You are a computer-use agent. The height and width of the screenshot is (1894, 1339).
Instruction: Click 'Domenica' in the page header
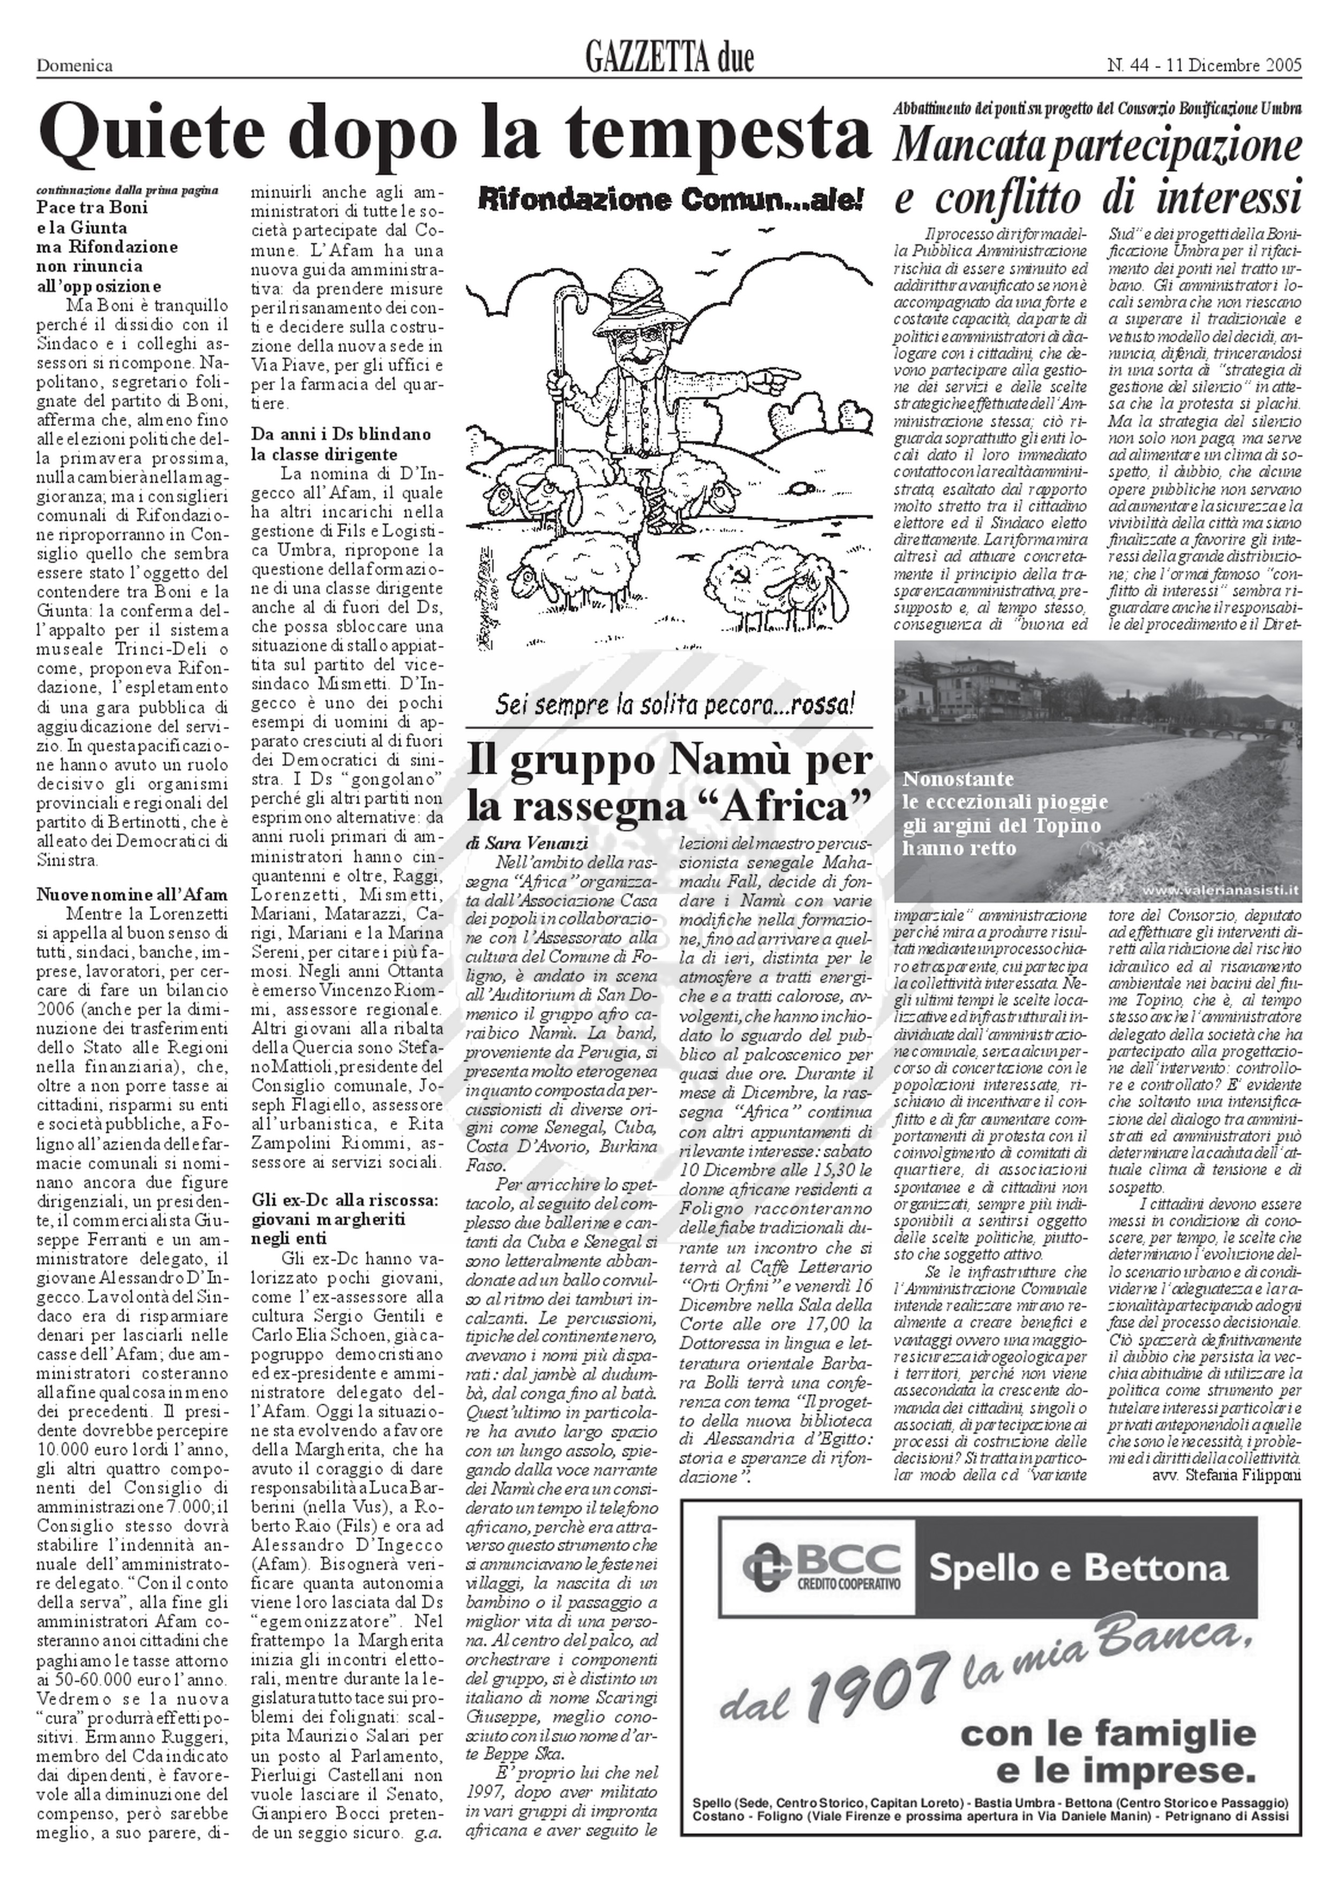74,66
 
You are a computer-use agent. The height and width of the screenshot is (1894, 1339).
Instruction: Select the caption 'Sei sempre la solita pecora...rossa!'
674,706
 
